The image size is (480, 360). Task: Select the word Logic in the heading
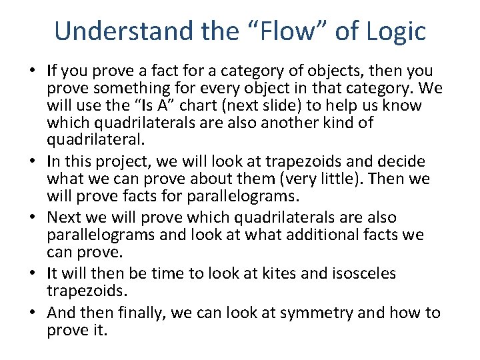(397, 31)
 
